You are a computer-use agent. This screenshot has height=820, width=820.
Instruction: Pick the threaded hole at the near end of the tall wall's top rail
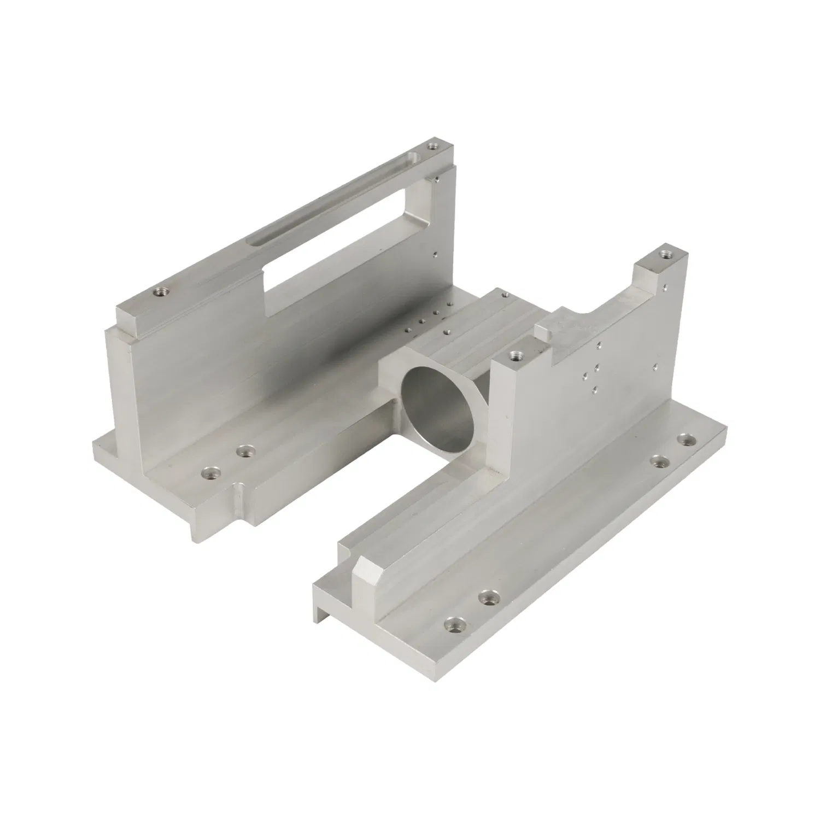click(160, 292)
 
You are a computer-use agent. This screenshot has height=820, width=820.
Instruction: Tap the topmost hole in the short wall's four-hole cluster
click(600, 345)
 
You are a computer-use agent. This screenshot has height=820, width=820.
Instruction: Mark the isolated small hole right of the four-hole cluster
click(654, 366)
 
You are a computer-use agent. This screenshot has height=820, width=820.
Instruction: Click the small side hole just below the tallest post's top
click(664, 285)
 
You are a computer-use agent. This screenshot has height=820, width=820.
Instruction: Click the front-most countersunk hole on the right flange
click(452, 623)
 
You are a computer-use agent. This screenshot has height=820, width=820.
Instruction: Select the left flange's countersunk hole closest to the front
click(210, 471)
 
